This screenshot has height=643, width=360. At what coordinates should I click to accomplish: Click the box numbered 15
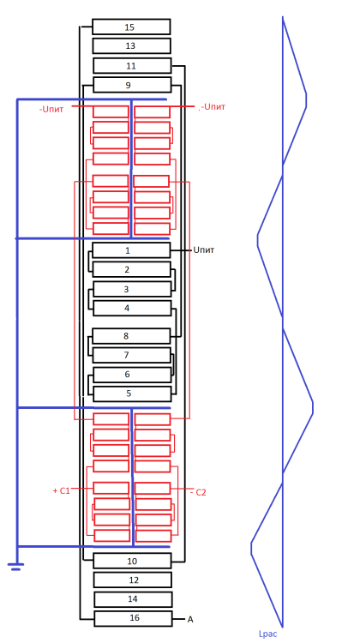click(x=131, y=27)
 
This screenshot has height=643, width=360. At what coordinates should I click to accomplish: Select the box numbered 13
click(x=131, y=45)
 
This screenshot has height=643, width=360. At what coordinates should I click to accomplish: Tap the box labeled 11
click(x=131, y=65)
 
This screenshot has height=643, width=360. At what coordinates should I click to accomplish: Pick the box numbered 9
click(x=131, y=85)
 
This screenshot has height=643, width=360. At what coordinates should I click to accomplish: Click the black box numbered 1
click(x=131, y=250)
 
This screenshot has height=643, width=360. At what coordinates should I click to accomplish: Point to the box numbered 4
click(x=131, y=308)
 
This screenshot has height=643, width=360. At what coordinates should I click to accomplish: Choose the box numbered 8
click(x=131, y=336)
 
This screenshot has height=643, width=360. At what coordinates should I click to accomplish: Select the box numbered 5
click(x=131, y=394)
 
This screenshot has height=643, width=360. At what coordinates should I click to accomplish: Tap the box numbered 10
click(x=131, y=561)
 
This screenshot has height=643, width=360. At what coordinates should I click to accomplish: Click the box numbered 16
click(x=131, y=618)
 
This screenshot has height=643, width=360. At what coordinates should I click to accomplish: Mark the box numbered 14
click(x=131, y=599)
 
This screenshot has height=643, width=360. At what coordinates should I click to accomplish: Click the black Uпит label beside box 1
click(x=203, y=250)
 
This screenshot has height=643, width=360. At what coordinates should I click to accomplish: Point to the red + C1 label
click(x=61, y=490)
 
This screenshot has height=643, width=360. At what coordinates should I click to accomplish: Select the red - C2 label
click(x=198, y=492)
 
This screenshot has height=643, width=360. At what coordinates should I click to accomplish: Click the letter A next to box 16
click(x=189, y=618)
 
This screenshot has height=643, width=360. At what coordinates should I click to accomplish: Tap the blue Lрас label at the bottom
click(x=267, y=634)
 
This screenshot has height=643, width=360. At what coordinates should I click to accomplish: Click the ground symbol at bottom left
click(x=15, y=565)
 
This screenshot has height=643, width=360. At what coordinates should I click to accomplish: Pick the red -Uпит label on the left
click(x=51, y=109)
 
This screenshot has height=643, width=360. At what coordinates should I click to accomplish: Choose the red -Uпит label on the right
click(x=212, y=107)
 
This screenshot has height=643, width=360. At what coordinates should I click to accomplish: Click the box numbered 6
click(x=131, y=375)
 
